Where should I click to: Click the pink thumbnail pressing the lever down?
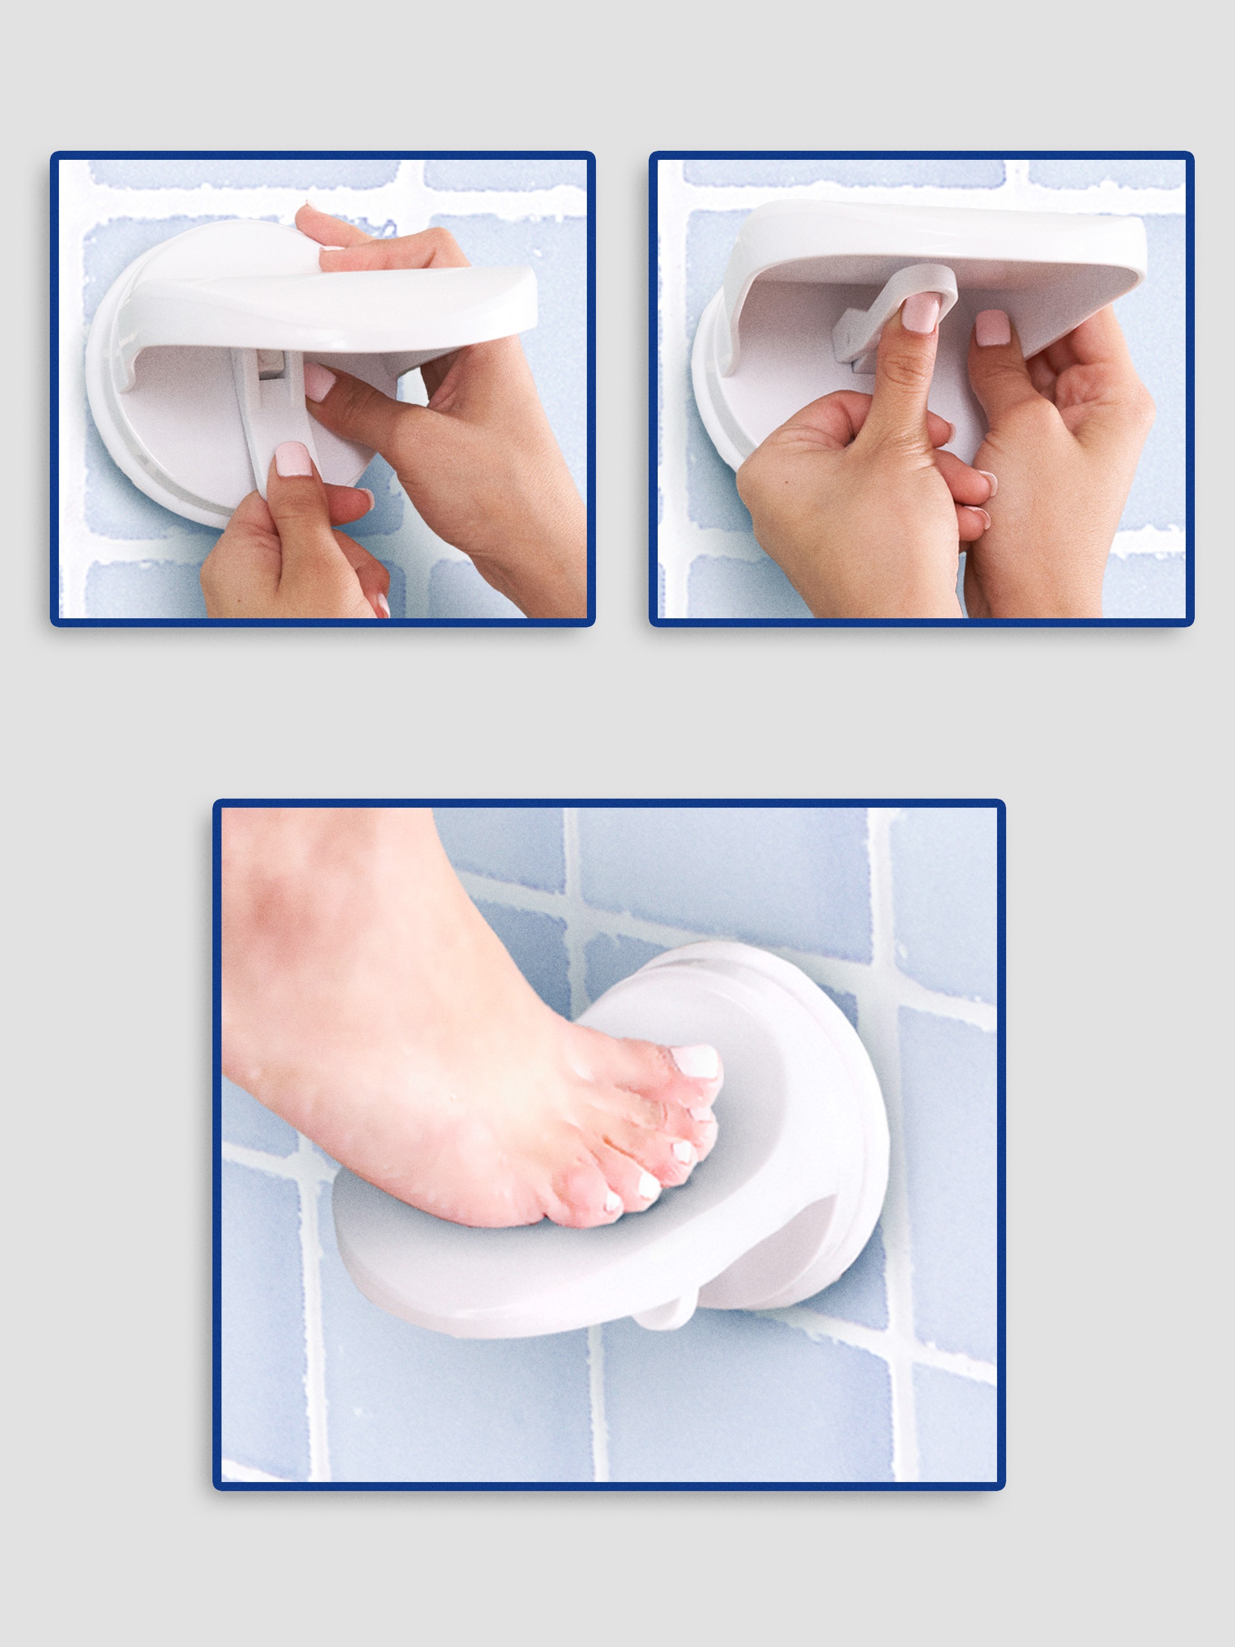point(292,458)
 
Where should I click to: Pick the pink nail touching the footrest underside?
point(993,328)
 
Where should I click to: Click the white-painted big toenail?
point(694,1061)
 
